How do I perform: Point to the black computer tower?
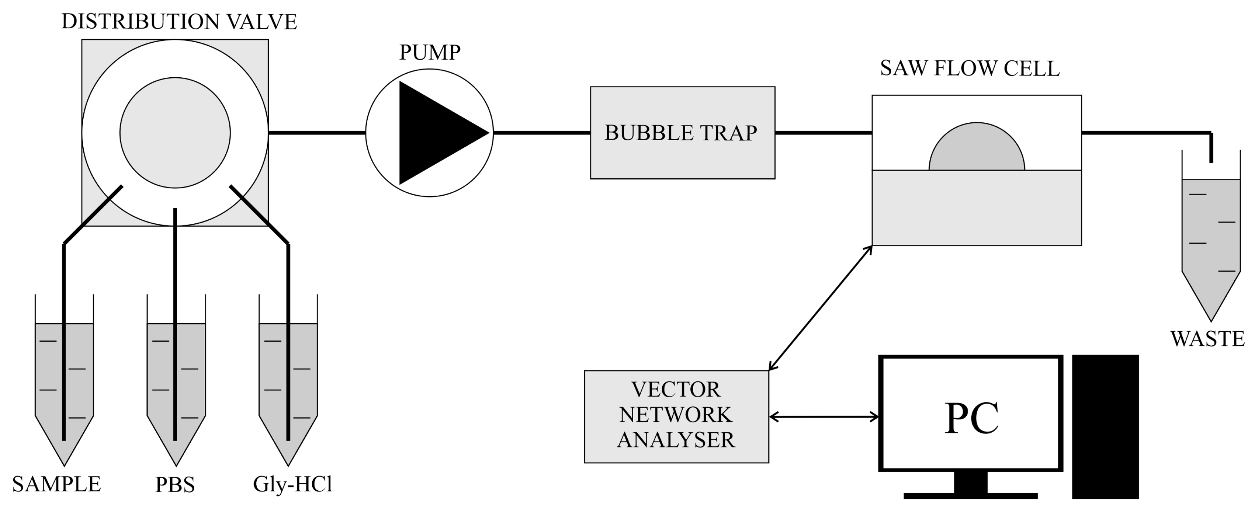pos(1105,426)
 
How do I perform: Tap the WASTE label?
pos(1207,339)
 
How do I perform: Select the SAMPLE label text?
pos(56,484)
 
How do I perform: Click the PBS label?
pos(175,485)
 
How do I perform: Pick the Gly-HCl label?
pos(292,484)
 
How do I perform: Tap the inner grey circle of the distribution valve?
pos(175,132)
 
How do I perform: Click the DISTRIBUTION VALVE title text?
pos(179,22)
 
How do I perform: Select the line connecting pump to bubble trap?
pos(542,132)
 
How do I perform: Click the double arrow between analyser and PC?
pos(824,417)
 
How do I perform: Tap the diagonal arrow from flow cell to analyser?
pos(820,308)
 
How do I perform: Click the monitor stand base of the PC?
pos(970,496)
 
